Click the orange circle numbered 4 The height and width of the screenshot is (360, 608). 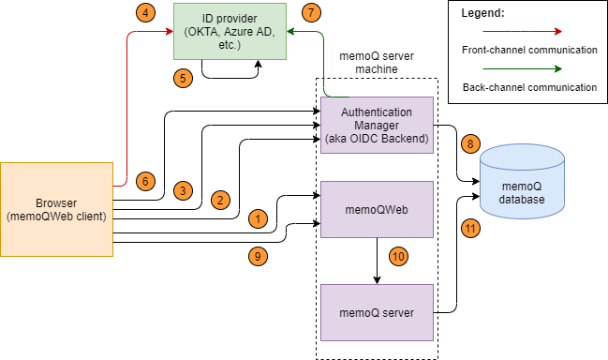(x=145, y=13)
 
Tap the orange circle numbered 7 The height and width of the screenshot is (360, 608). (x=312, y=13)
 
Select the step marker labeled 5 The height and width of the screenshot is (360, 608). (x=183, y=79)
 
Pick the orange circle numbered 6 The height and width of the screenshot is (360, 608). (x=145, y=181)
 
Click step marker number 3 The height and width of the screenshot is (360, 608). (x=183, y=190)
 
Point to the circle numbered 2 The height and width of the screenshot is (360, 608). (x=220, y=200)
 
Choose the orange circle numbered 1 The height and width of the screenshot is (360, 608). (x=258, y=218)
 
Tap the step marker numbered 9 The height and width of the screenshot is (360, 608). (x=258, y=255)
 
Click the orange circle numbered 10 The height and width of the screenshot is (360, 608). (x=398, y=255)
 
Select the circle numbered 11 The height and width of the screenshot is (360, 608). (x=470, y=228)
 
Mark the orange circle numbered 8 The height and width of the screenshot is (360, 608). (x=470, y=144)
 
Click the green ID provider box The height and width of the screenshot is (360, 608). (x=230, y=31)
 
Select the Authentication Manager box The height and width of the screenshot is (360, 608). (x=377, y=126)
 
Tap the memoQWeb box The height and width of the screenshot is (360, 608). (x=377, y=209)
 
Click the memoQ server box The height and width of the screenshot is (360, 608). (x=377, y=312)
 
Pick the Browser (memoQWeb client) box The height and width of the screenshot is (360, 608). (x=55, y=209)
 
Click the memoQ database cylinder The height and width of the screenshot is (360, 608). (x=522, y=184)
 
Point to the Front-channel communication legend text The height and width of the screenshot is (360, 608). (x=529, y=50)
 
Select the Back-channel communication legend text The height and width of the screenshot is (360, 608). (x=529, y=87)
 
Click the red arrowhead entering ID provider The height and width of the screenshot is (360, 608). (x=170, y=31)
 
